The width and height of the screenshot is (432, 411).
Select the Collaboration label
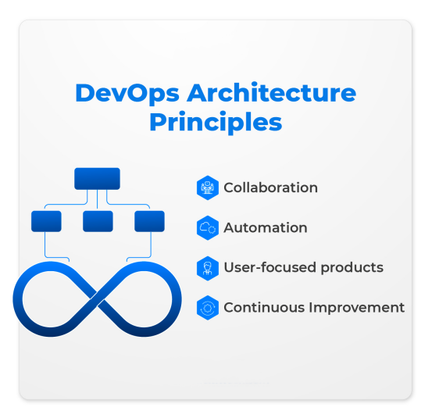(x=270, y=188)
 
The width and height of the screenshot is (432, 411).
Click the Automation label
(x=265, y=227)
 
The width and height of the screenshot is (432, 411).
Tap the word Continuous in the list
(x=260, y=307)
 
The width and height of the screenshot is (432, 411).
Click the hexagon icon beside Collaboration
(x=208, y=188)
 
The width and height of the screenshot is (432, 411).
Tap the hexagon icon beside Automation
(x=208, y=227)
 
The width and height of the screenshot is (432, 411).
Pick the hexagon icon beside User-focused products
(x=208, y=267)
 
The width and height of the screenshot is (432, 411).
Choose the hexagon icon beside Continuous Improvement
(x=208, y=307)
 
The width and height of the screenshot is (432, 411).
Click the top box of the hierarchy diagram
(x=97, y=178)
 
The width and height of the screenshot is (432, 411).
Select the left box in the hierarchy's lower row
(x=46, y=221)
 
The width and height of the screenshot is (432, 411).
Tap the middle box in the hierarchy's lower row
(x=98, y=221)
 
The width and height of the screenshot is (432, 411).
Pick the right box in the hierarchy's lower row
(x=149, y=221)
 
